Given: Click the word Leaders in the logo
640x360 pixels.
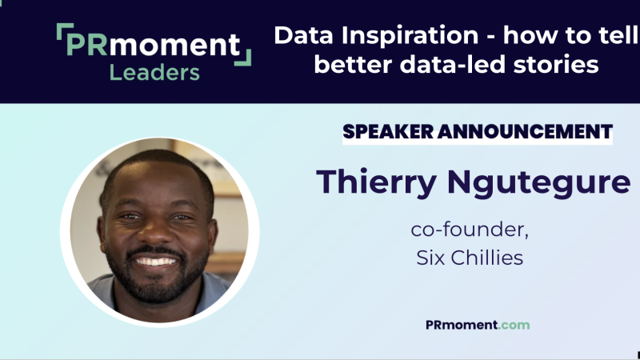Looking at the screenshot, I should pos(154,73).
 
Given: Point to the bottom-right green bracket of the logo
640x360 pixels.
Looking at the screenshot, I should pos(245,58).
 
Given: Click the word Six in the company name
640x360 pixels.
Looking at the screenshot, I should pos(432,258).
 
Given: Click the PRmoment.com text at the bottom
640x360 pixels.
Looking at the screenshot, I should pos(478,325).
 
